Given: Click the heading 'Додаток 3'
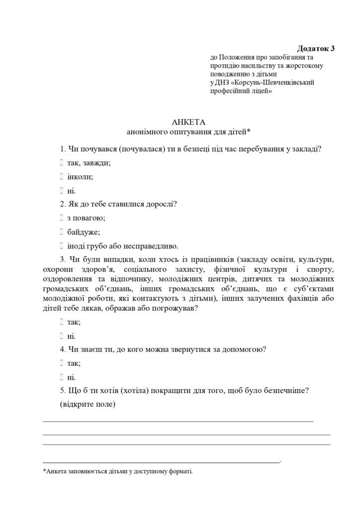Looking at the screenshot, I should [316, 49].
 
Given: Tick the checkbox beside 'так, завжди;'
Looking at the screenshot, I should [61, 163].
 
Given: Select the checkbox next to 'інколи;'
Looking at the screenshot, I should [61, 176].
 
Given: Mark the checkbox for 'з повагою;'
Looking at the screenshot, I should [61, 218].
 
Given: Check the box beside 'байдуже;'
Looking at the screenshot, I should [61, 232].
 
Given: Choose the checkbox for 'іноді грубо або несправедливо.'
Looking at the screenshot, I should [61, 246].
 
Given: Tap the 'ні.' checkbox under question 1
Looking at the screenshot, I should [61, 190].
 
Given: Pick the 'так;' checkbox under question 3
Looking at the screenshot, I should [61, 322].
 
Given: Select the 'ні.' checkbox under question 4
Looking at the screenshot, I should [61, 377].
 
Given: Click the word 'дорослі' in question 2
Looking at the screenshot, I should [160, 204].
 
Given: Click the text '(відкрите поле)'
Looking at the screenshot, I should [88, 404].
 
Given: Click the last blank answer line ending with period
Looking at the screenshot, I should [162, 462].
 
